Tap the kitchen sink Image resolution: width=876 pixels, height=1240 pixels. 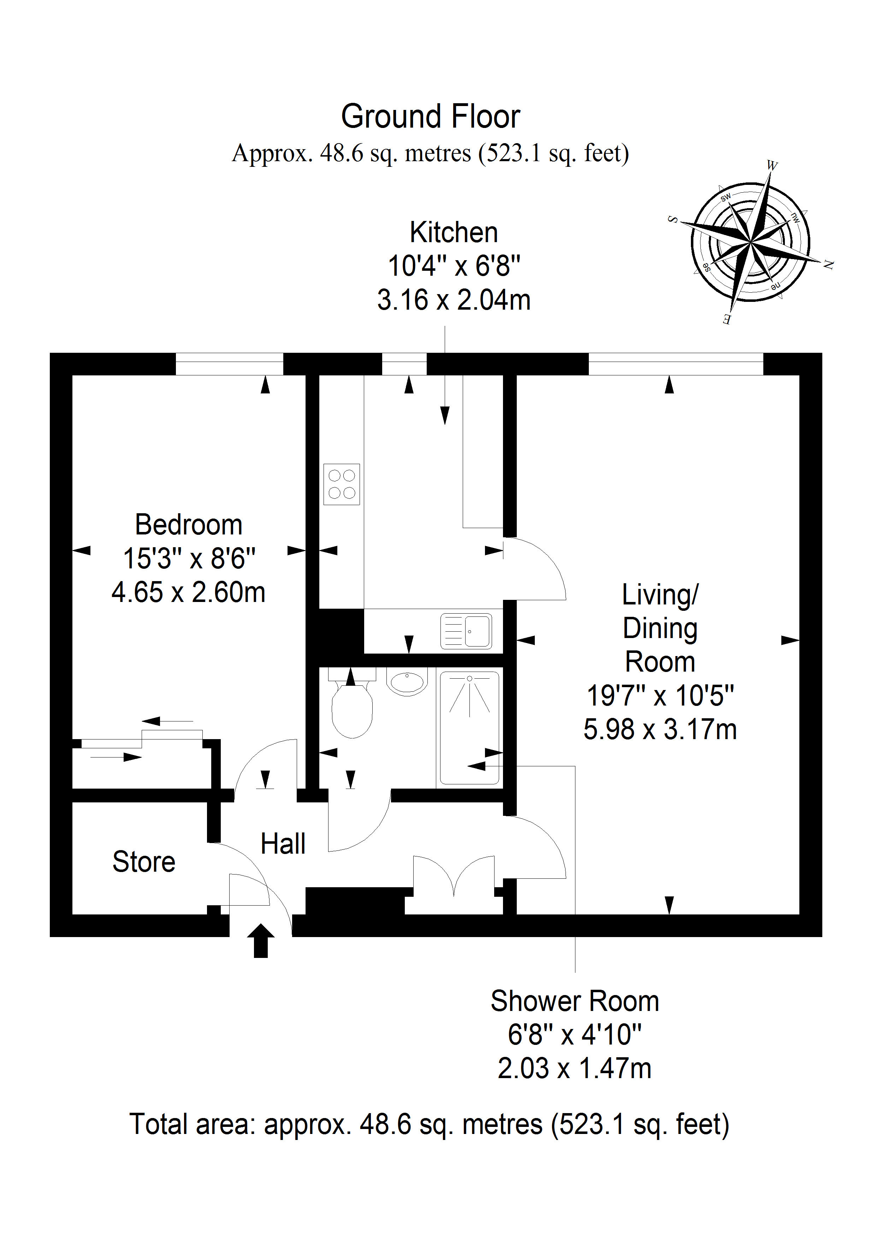click(x=466, y=631)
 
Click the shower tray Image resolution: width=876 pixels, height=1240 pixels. click(x=469, y=727)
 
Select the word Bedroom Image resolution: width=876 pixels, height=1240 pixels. click(x=188, y=525)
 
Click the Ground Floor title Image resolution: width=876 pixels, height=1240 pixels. click(x=431, y=117)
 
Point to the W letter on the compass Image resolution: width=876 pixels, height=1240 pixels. click(x=773, y=165)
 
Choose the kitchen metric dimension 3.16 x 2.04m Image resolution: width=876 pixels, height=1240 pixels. click(x=454, y=300)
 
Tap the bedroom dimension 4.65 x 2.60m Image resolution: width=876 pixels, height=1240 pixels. click(x=188, y=592)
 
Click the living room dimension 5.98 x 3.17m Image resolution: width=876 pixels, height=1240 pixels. click(x=660, y=729)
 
